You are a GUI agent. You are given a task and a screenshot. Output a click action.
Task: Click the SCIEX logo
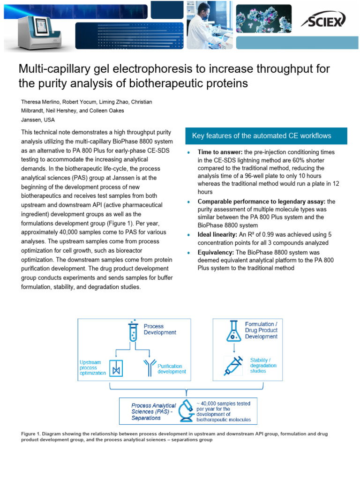pos(323,20)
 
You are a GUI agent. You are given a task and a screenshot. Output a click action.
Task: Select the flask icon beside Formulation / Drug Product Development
pos(233,331)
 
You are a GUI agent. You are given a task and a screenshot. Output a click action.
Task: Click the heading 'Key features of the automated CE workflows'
pos(262,136)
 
